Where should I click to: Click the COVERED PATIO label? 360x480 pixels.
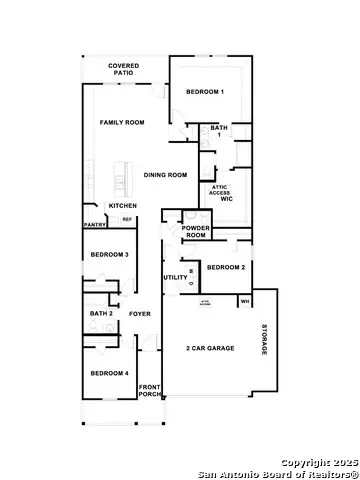tap(124, 69)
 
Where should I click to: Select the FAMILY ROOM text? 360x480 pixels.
tap(122, 122)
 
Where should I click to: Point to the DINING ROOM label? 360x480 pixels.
tap(165, 175)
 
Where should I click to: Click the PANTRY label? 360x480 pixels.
tap(95, 225)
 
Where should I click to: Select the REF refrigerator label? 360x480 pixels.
tap(127, 219)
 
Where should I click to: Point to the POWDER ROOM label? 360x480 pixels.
tap(195, 231)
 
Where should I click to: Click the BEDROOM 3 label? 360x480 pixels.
tap(109, 255)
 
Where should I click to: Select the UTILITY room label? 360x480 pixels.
tap(175, 276)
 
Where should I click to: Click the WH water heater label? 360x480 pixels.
tap(244, 300)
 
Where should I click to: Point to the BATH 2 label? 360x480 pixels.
tap(101, 314)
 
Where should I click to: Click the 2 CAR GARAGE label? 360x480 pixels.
tap(206, 348)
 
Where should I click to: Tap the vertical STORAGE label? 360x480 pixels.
tap(265, 340)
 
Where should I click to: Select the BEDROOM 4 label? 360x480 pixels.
tap(108, 373)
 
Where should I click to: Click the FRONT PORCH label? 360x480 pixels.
tap(149, 391)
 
